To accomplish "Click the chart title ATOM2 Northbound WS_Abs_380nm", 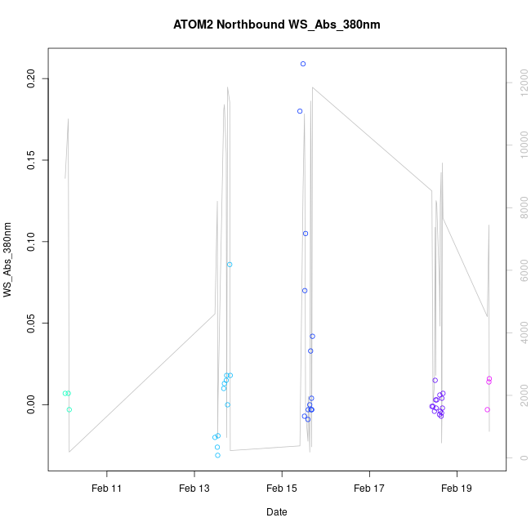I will (277, 25).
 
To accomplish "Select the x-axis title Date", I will (276, 512).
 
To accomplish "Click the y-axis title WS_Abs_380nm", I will (8, 260).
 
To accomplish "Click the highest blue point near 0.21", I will (303, 64).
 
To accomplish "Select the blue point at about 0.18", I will (300, 111).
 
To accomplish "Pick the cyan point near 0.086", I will (230, 265).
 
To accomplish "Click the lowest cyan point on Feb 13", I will (217, 455).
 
